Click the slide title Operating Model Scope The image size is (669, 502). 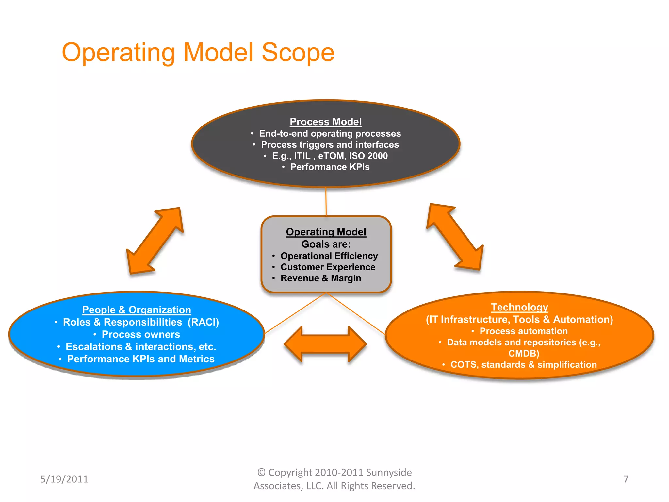click(x=198, y=52)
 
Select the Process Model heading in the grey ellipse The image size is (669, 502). click(x=326, y=122)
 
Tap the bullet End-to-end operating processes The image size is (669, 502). click(x=330, y=133)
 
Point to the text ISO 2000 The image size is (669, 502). click(x=368, y=156)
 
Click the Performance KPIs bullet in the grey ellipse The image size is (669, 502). click(x=330, y=167)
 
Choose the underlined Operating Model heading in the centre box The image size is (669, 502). click(x=326, y=232)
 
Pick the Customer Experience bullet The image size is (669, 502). click(x=328, y=267)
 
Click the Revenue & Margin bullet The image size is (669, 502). click(x=320, y=278)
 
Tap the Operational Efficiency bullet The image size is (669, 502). click(x=329, y=256)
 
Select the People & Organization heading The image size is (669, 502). click(x=137, y=310)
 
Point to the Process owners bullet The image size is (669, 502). click(x=140, y=334)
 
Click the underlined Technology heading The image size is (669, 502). click(x=519, y=307)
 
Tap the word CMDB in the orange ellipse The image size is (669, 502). click(x=523, y=354)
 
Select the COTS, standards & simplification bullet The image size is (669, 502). click(x=523, y=365)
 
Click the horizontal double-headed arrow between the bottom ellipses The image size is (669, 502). click(x=325, y=344)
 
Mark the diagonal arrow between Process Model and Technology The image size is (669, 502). click(x=455, y=237)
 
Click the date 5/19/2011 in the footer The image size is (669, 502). click(x=64, y=479)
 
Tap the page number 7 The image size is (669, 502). click(x=626, y=479)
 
